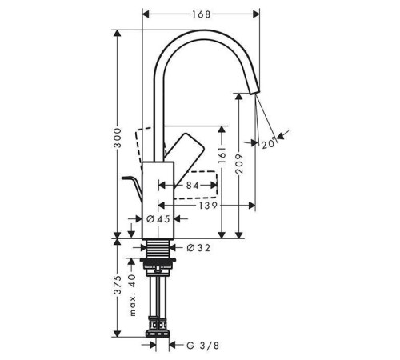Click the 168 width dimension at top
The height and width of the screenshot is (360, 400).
(202, 14)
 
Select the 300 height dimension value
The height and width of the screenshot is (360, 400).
(118, 138)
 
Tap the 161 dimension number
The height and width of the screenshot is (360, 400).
(222, 155)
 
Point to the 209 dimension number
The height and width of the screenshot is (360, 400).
(239, 164)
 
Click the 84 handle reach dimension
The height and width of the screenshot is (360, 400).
(193, 186)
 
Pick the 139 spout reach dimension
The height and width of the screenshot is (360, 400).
(208, 206)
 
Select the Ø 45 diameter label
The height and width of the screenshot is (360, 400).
(158, 219)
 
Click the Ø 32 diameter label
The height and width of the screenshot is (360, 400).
(198, 248)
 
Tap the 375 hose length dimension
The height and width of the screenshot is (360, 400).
(118, 285)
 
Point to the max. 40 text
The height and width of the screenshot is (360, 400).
(133, 295)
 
